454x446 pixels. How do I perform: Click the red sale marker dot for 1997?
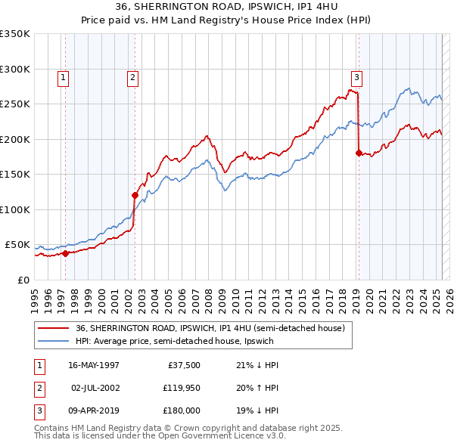[65, 253]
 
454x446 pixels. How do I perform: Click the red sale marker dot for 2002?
[135, 195]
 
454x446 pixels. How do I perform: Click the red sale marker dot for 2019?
[359, 153]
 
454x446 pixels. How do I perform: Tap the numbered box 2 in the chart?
[132, 76]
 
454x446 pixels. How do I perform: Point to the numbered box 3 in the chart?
[356, 76]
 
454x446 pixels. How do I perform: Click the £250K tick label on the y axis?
[14, 104]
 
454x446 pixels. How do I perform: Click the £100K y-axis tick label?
[14, 209]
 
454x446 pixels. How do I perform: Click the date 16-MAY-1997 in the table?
[94, 365]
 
